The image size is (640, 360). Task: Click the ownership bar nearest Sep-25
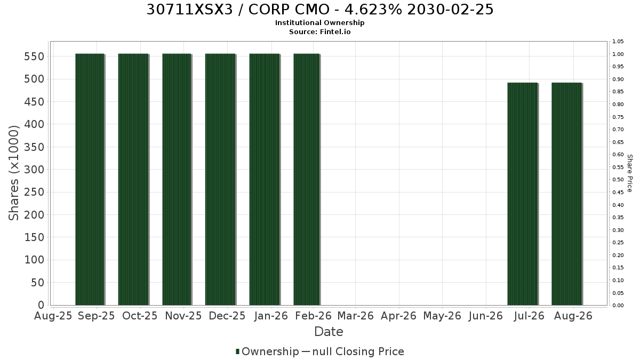tap(90, 179)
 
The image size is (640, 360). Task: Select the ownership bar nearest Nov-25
tap(177, 179)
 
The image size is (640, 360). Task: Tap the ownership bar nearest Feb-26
tap(307, 179)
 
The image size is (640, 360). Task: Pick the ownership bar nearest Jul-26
tap(523, 194)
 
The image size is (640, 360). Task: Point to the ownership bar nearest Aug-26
tap(567, 194)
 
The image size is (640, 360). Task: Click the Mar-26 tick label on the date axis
tap(355, 316)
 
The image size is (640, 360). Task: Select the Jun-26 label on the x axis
tap(486, 316)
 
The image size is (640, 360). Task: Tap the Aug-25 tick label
tap(53, 316)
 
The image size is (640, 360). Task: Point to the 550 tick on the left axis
tap(34, 57)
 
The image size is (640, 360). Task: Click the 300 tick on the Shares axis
tap(34, 170)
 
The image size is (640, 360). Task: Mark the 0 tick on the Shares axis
tap(41, 305)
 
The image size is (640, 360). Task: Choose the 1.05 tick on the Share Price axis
tap(618, 42)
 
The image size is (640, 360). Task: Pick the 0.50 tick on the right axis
tap(618, 180)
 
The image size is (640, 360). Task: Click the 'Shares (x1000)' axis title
tap(13, 173)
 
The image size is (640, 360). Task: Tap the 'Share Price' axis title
tap(630, 173)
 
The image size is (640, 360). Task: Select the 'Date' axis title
tap(329, 332)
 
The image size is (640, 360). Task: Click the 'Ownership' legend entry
tap(267, 351)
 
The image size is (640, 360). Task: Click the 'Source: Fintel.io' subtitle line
tap(319, 31)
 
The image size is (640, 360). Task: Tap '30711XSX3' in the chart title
tap(190, 10)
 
